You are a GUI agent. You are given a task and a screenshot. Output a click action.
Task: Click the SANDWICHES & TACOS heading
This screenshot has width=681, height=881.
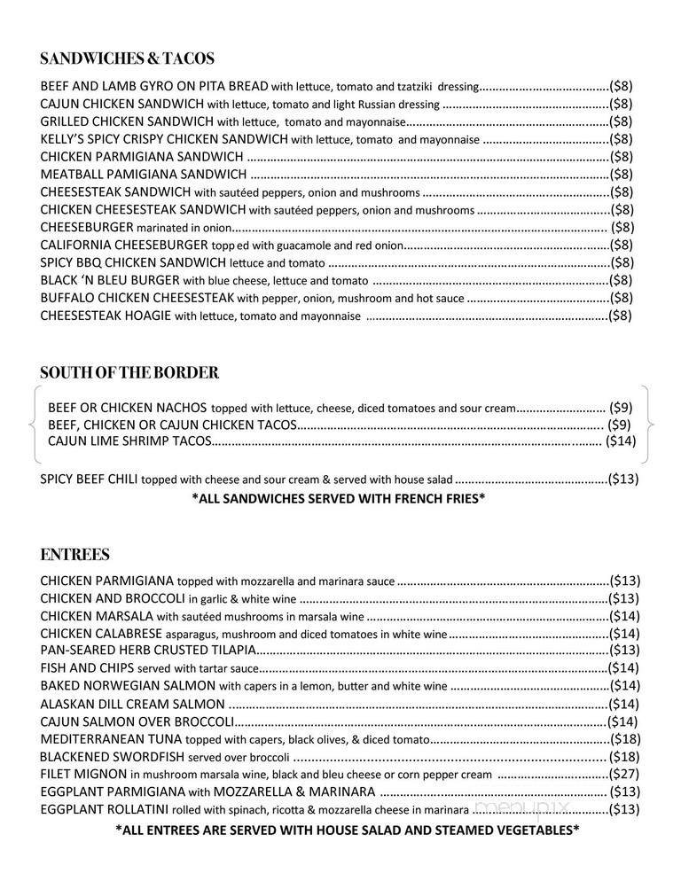click(x=128, y=59)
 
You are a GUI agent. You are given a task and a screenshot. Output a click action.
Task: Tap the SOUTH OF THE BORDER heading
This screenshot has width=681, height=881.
click(x=129, y=372)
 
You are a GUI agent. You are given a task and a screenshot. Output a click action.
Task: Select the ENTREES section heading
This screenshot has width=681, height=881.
click(x=74, y=555)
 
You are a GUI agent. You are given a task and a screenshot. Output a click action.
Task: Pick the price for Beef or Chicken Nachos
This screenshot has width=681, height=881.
click(x=621, y=408)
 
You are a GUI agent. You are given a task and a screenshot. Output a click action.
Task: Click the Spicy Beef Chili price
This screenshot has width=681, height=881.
click(x=622, y=479)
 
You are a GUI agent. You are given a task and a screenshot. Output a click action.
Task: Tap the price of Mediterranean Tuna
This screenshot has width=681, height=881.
click(x=624, y=739)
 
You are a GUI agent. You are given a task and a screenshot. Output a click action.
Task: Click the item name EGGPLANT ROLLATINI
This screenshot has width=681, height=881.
click(x=99, y=809)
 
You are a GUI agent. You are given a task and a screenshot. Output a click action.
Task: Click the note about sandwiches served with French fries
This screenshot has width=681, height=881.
click(x=339, y=499)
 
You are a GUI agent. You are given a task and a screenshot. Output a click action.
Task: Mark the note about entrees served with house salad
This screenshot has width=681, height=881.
click(x=348, y=830)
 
